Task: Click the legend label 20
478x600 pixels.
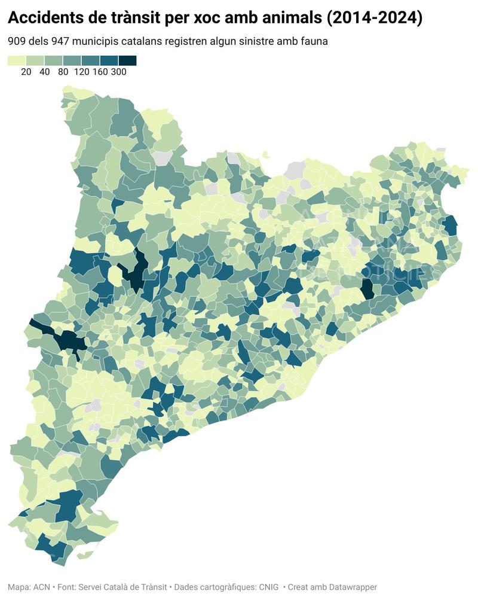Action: [x=26, y=72]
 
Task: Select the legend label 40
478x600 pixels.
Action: [x=45, y=72]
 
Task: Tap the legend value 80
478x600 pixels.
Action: [x=63, y=72]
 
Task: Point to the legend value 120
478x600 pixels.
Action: [x=81, y=72]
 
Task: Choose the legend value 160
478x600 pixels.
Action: [x=100, y=72]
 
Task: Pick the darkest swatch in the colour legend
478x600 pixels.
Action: [x=127, y=60]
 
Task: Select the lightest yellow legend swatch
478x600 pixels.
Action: [x=17, y=60]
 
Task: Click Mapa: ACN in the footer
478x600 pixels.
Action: [x=29, y=587]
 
